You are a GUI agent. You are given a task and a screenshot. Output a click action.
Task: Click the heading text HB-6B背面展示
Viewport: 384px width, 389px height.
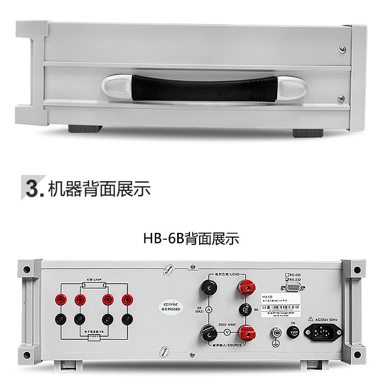coord(191,239)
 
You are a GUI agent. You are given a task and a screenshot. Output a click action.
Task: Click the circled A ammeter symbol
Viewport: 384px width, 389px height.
coord(209,310)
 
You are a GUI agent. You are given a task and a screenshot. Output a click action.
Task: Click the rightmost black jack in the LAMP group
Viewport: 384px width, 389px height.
coord(126,319)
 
